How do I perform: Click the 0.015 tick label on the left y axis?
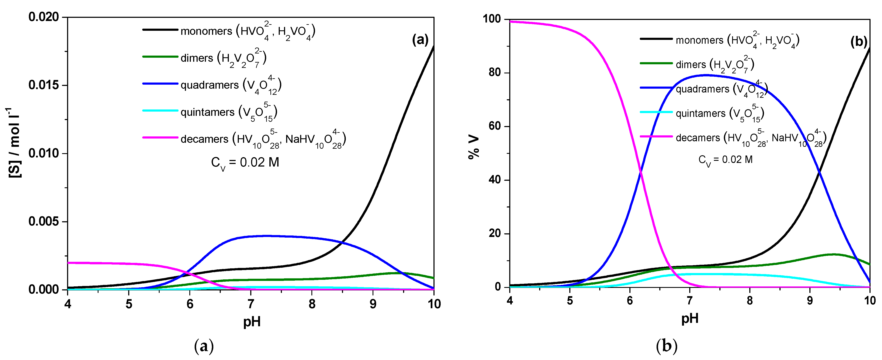click(x=44, y=85)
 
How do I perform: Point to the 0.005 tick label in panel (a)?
click(x=44, y=221)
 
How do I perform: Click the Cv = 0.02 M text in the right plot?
click(x=725, y=160)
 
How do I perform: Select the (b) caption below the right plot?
click(x=666, y=346)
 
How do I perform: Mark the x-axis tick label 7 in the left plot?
click(x=251, y=304)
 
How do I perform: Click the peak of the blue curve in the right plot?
click(x=706, y=75)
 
